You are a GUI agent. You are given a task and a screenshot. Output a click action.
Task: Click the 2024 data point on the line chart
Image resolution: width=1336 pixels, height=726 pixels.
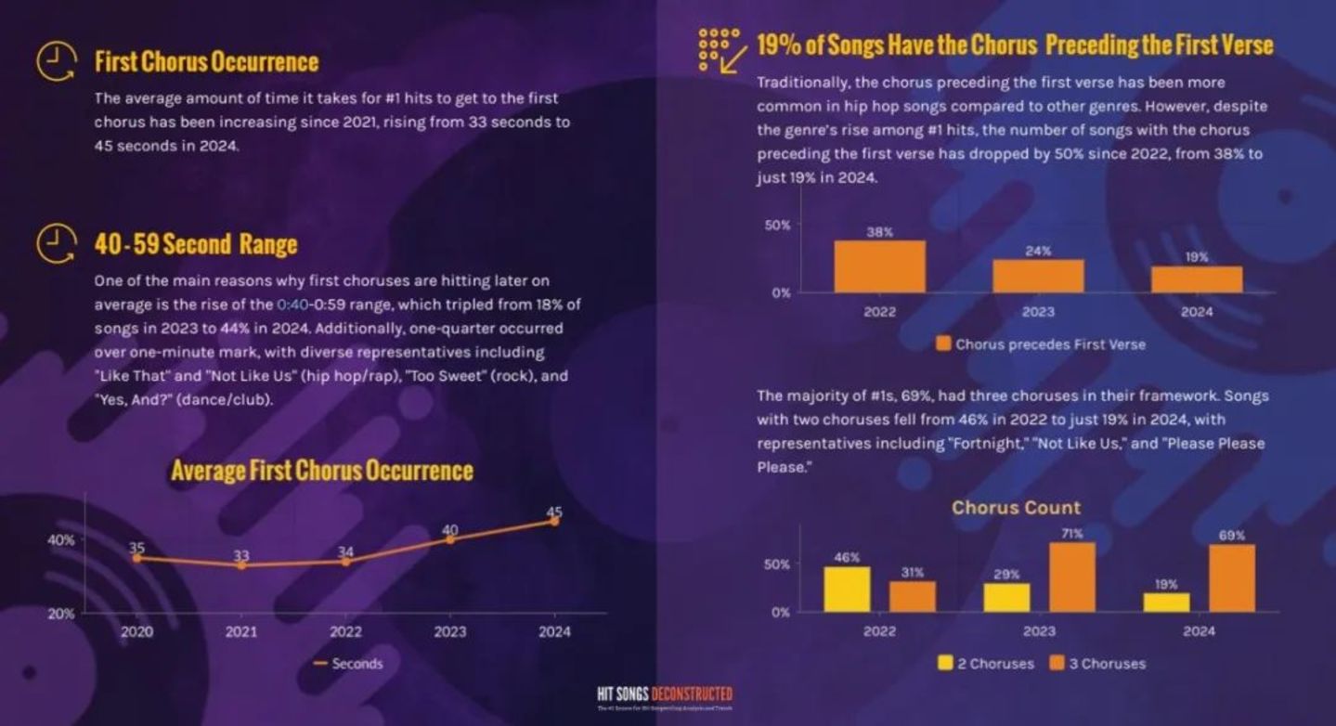[x=554, y=521]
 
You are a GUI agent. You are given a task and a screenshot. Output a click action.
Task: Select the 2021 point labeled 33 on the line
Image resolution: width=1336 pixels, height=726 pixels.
[x=241, y=564]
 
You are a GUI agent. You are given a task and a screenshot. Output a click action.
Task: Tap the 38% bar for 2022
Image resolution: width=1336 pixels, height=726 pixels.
[x=879, y=266]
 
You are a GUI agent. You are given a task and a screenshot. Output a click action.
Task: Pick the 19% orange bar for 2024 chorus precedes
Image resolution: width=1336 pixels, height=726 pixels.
[x=1197, y=279]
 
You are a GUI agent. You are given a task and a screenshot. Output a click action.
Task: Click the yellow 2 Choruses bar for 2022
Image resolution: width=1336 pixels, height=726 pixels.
[x=847, y=589]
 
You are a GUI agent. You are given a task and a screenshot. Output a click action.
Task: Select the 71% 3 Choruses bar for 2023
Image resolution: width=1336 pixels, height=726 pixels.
[x=1072, y=577]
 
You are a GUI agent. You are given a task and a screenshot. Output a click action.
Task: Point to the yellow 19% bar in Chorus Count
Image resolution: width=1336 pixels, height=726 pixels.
[x=1166, y=602]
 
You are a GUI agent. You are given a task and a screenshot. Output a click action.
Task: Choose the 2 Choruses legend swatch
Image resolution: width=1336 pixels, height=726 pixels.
[x=946, y=663]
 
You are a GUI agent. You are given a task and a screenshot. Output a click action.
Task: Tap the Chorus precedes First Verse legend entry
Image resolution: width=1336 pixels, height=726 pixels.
[x=1040, y=344]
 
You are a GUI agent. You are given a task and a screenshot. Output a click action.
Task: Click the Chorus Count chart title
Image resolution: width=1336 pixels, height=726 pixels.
[x=1016, y=508]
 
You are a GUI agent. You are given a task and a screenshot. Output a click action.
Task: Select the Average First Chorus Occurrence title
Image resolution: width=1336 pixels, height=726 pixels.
[x=321, y=470]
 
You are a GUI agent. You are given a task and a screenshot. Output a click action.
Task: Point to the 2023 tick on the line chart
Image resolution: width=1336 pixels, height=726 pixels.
[x=450, y=631]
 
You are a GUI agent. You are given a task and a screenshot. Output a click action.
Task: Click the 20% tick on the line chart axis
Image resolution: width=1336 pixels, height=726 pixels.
[x=61, y=614]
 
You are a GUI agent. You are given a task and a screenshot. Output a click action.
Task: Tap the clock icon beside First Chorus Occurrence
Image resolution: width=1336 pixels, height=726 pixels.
[x=55, y=61]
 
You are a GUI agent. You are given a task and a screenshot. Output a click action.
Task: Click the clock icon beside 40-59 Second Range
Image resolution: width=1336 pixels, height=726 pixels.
[x=55, y=243]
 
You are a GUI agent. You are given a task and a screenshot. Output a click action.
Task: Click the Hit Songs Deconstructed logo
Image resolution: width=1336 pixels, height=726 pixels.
[x=665, y=695]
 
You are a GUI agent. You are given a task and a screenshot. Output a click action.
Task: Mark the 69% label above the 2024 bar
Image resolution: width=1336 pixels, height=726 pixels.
[x=1232, y=536]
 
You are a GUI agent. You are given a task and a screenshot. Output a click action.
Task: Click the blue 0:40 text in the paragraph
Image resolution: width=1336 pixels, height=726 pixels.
[x=293, y=305]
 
